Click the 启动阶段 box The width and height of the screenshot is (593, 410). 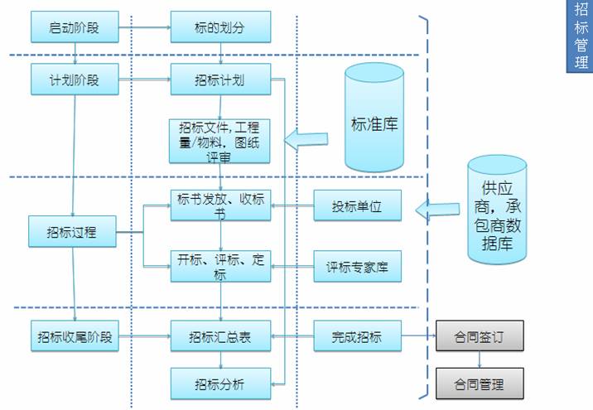[x=74, y=27]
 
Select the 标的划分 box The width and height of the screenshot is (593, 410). [x=220, y=27]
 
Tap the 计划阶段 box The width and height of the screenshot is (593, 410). [x=74, y=81]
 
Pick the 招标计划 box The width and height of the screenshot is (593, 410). [x=220, y=81]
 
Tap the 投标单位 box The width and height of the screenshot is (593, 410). [x=357, y=205]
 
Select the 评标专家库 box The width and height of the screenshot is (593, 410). [x=357, y=267]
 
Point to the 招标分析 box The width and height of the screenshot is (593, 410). [x=220, y=383]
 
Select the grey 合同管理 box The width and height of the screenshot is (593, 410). [x=480, y=383]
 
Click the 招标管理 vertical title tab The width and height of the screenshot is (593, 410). [x=580, y=36]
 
